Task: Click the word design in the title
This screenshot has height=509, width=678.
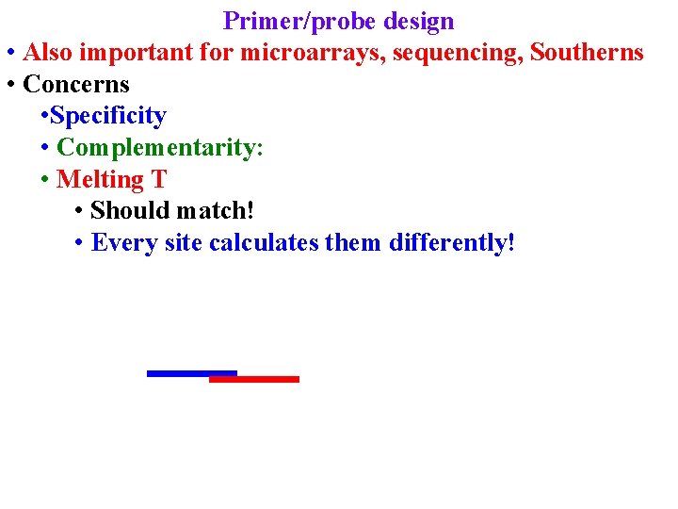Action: coord(419,21)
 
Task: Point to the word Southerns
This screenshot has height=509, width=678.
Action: coord(587,53)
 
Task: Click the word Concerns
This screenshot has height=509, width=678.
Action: coord(76,84)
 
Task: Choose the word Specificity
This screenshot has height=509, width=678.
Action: coord(108,116)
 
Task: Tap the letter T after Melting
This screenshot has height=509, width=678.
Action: coord(159,179)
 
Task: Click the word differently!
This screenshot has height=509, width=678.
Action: coord(452,243)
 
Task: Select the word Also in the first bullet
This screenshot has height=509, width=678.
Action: coord(50,53)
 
